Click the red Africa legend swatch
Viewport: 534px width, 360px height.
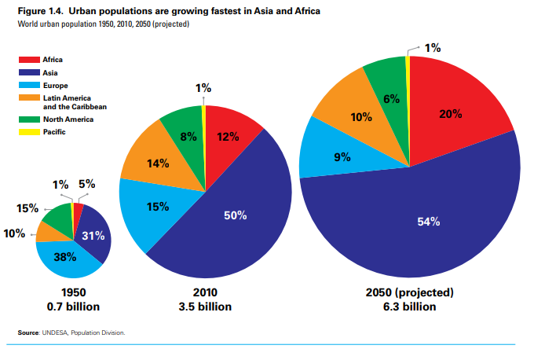[x=30, y=60]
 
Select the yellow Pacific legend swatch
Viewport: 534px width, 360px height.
[x=30, y=132]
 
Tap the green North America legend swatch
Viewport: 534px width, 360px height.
[x=30, y=119]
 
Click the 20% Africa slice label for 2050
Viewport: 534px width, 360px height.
[x=450, y=114]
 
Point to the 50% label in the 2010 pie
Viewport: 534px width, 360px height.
[x=235, y=215]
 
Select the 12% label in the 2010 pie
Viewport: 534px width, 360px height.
[x=228, y=137]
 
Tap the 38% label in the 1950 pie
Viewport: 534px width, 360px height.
[x=65, y=255]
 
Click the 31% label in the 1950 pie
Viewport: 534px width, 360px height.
[x=93, y=236]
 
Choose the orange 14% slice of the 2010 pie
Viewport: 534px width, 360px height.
[x=158, y=164]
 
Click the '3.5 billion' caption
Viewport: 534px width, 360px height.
[x=206, y=306]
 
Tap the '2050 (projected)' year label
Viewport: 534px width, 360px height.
[x=410, y=292]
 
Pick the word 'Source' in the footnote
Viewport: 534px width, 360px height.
[x=28, y=332]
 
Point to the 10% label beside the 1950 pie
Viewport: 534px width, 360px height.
[x=14, y=233]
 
